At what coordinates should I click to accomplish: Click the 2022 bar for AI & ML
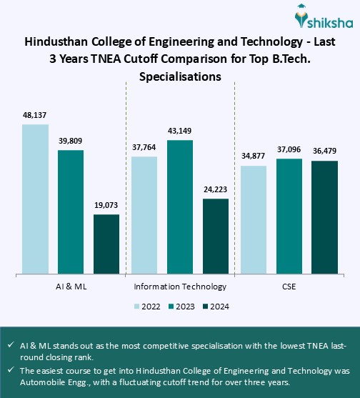[35, 199]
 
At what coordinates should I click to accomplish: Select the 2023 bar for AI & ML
[71, 212]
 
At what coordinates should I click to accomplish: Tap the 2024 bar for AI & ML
[106, 244]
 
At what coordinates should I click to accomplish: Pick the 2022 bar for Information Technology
[144, 214]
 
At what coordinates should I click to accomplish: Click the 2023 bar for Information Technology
[180, 207]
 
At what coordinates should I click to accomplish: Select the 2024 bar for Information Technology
[216, 236]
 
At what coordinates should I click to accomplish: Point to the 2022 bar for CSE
[254, 219]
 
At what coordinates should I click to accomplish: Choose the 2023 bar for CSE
[289, 216]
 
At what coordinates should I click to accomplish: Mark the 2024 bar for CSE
[324, 217]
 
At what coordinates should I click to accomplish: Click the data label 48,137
[35, 114]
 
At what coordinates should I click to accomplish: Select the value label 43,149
[180, 130]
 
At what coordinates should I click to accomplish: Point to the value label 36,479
[324, 150]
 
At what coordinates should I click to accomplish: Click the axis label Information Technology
[180, 287]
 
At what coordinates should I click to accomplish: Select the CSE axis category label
[289, 287]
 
